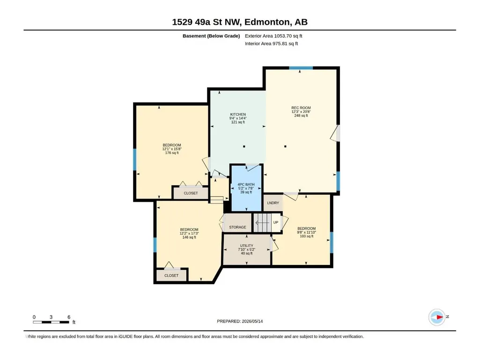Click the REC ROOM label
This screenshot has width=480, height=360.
pyautogui.click(x=301, y=108)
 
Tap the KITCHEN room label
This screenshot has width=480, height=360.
pyautogui.click(x=238, y=115)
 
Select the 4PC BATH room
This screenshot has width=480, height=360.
pyautogui.click(x=246, y=188)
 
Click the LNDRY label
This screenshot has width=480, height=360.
pyautogui.click(x=273, y=203)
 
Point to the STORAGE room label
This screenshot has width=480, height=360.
pyautogui.click(x=237, y=227)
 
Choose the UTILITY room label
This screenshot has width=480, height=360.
pyautogui.click(x=246, y=245)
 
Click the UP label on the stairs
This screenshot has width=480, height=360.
pyautogui.click(x=275, y=222)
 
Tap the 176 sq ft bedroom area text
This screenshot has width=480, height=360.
pyautogui.click(x=172, y=153)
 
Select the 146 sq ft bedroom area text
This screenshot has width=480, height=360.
pyautogui.click(x=189, y=237)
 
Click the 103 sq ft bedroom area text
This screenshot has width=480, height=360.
pyautogui.click(x=306, y=236)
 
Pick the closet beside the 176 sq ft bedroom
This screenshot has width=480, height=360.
pyautogui.click(x=191, y=193)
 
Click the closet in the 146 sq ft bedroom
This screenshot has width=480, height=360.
pyautogui.click(x=171, y=276)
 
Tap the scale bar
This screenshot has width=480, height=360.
pyautogui.click(x=51, y=322)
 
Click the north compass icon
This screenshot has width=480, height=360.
pyautogui.click(x=437, y=317)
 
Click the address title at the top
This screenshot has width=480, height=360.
pyautogui.click(x=240, y=22)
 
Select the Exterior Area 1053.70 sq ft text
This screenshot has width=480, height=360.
pyautogui.click(x=273, y=36)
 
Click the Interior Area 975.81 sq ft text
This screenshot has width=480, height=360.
pyautogui.click(x=271, y=44)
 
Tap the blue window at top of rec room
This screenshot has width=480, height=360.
pyautogui.click(x=301, y=68)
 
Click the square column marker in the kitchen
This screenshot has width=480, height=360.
pyautogui.click(x=244, y=147)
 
